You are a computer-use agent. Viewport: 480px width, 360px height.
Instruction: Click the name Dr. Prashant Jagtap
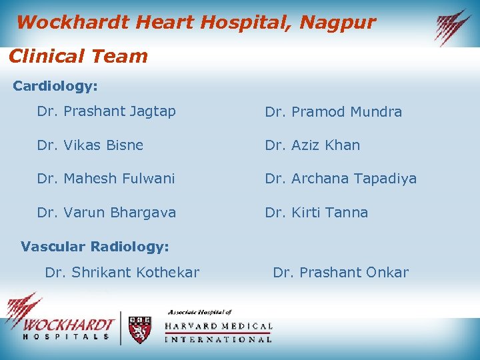(107, 111)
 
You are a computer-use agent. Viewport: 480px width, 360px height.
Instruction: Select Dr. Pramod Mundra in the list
(333, 112)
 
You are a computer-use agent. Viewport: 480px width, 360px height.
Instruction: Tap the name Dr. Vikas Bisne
(90, 145)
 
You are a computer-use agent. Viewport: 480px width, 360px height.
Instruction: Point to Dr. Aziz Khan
(312, 145)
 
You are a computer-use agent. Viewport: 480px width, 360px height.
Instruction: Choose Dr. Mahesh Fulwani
(106, 178)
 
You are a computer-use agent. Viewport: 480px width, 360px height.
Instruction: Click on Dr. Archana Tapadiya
(341, 179)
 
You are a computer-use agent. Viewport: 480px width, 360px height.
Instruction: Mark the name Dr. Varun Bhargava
(107, 212)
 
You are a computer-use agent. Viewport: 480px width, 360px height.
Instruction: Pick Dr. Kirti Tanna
(316, 212)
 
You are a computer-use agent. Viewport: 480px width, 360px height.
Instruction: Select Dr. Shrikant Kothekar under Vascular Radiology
(122, 272)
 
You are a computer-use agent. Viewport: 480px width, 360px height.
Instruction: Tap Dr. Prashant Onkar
(341, 272)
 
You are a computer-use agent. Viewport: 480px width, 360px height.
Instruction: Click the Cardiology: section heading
(55, 86)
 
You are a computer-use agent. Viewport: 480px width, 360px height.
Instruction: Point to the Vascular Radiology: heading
(95, 247)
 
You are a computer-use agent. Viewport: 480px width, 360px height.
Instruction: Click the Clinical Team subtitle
(78, 56)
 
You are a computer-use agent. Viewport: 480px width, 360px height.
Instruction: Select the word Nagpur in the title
(338, 23)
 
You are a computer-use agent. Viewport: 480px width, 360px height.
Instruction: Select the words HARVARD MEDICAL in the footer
(218, 326)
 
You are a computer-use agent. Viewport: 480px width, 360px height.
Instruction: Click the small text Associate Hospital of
(199, 312)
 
